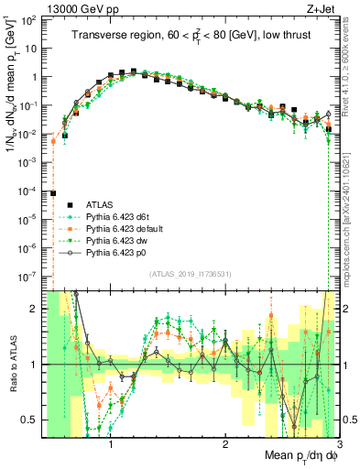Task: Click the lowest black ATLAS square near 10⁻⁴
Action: point(53,193)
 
